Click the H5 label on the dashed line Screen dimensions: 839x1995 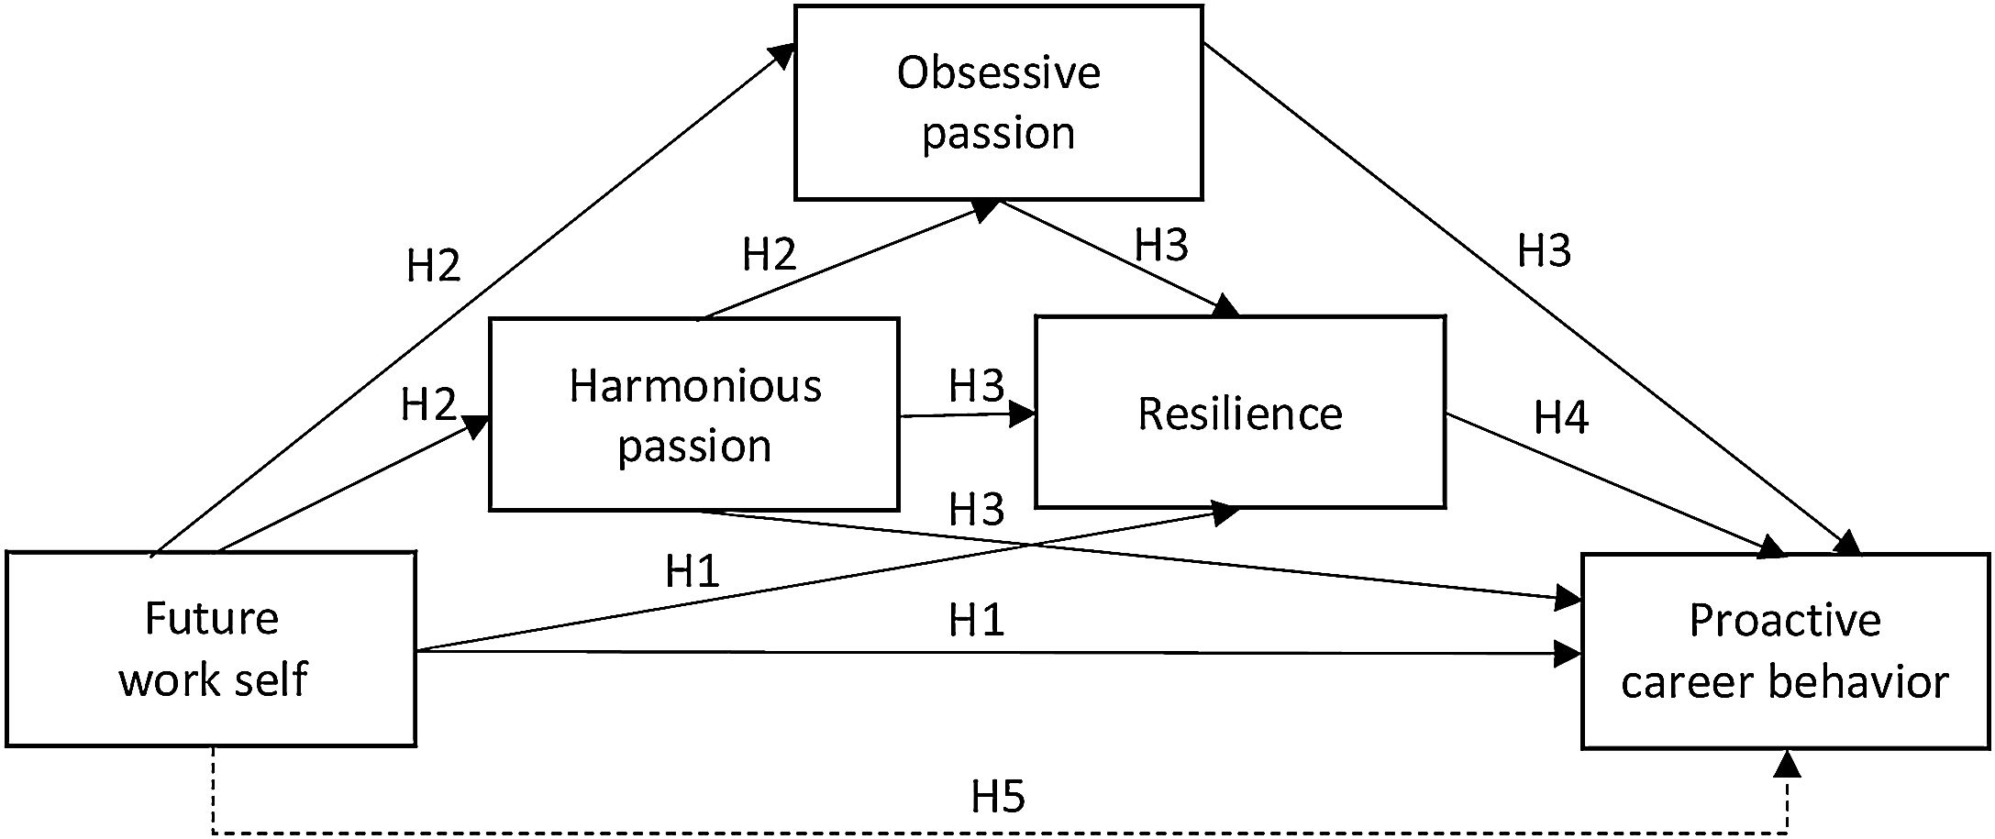click(x=998, y=798)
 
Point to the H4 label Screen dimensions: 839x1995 click(x=1561, y=418)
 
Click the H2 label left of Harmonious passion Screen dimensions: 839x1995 click(x=428, y=404)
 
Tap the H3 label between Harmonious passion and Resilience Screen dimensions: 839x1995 click(x=976, y=386)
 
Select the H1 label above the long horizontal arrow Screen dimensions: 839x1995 click(x=976, y=621)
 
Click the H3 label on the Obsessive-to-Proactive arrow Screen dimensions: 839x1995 click(x=1544, y=251)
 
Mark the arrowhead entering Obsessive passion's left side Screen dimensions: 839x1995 click(x=783, y=55)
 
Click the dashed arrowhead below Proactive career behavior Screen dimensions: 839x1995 click(x=1788, y=763)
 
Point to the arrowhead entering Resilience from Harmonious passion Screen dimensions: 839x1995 click(x=1024, y=414)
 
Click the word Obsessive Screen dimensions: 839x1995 click(x=998, y=73)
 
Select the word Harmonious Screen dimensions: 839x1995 click(x=694, y=386)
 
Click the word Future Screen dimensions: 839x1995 click(x=211, y=619)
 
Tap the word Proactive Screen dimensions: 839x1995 click(x=1785, y=621)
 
